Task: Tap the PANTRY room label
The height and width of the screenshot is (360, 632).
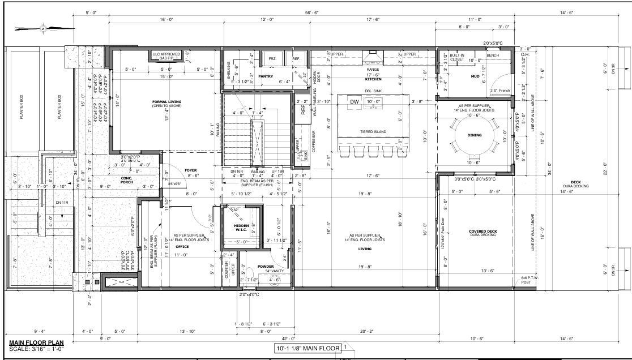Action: [266, 76]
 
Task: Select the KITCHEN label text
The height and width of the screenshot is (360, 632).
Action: [373, 79]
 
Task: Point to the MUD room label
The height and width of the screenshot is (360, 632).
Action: [475, 76]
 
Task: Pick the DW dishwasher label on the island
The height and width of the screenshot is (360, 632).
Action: [355, 102]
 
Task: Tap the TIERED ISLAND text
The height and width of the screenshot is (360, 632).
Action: [373, 131]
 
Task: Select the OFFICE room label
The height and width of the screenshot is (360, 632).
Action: [182, 247]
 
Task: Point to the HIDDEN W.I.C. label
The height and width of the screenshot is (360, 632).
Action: [241, 228]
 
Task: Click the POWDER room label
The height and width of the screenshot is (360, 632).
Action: [266, 266]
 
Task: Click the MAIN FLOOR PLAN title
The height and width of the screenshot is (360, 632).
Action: [36, 343]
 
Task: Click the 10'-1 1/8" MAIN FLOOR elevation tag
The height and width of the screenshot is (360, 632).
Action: [308, 348]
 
